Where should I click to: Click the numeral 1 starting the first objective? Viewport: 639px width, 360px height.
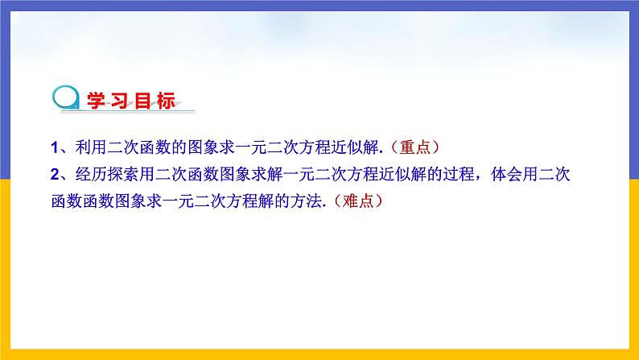(x=52, y=147)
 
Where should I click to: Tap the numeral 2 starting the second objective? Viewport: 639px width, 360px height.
(x=52, y=174)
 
